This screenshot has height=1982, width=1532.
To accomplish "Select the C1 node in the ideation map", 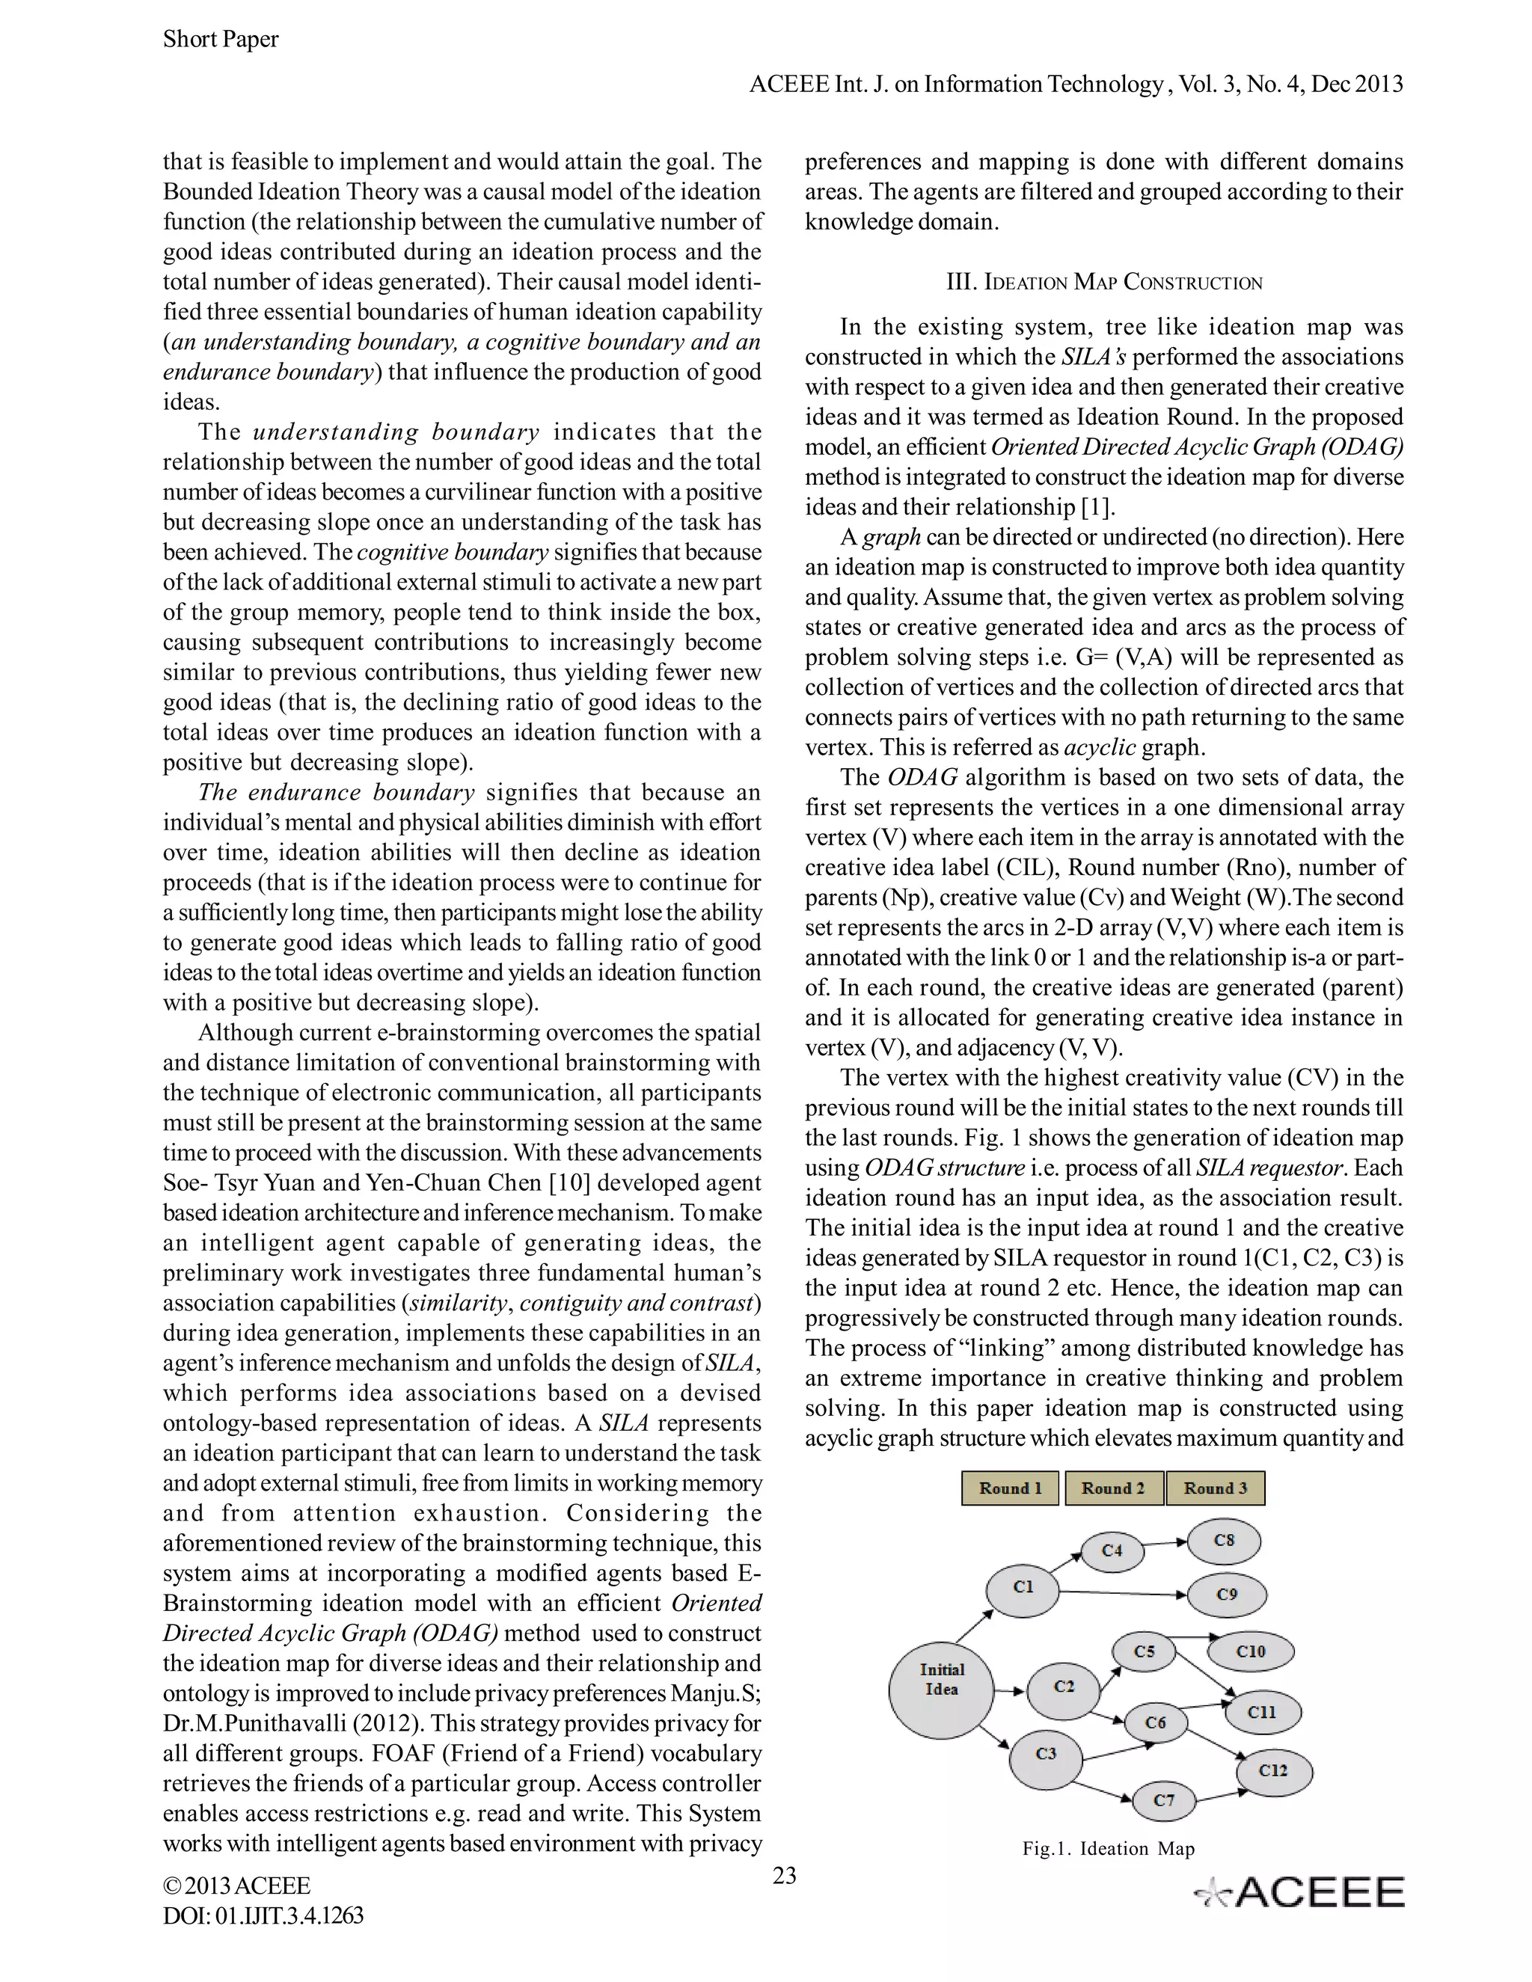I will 1023,1587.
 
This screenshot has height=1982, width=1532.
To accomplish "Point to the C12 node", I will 1272,1770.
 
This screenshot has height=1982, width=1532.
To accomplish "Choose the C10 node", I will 1250,1651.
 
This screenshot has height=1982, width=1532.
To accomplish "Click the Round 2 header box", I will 1112,1488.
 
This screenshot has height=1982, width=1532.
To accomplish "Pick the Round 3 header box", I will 1216,1488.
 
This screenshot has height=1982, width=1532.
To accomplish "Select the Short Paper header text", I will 221,39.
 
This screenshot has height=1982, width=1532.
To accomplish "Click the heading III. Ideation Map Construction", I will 1103,282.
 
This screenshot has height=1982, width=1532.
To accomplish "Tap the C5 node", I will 1144,1651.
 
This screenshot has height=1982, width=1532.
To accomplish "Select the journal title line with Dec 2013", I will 1076,85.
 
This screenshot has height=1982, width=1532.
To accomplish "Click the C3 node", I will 1046,1754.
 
